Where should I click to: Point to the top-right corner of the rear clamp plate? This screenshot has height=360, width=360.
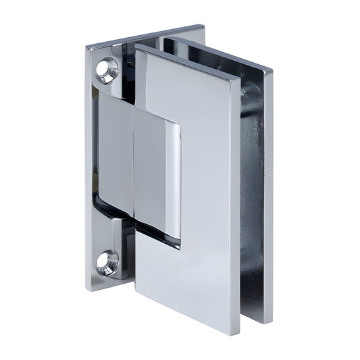pos(272,70)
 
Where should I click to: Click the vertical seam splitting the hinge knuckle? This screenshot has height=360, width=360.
pos(133,169)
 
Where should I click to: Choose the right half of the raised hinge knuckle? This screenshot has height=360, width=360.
pos(157,176)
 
